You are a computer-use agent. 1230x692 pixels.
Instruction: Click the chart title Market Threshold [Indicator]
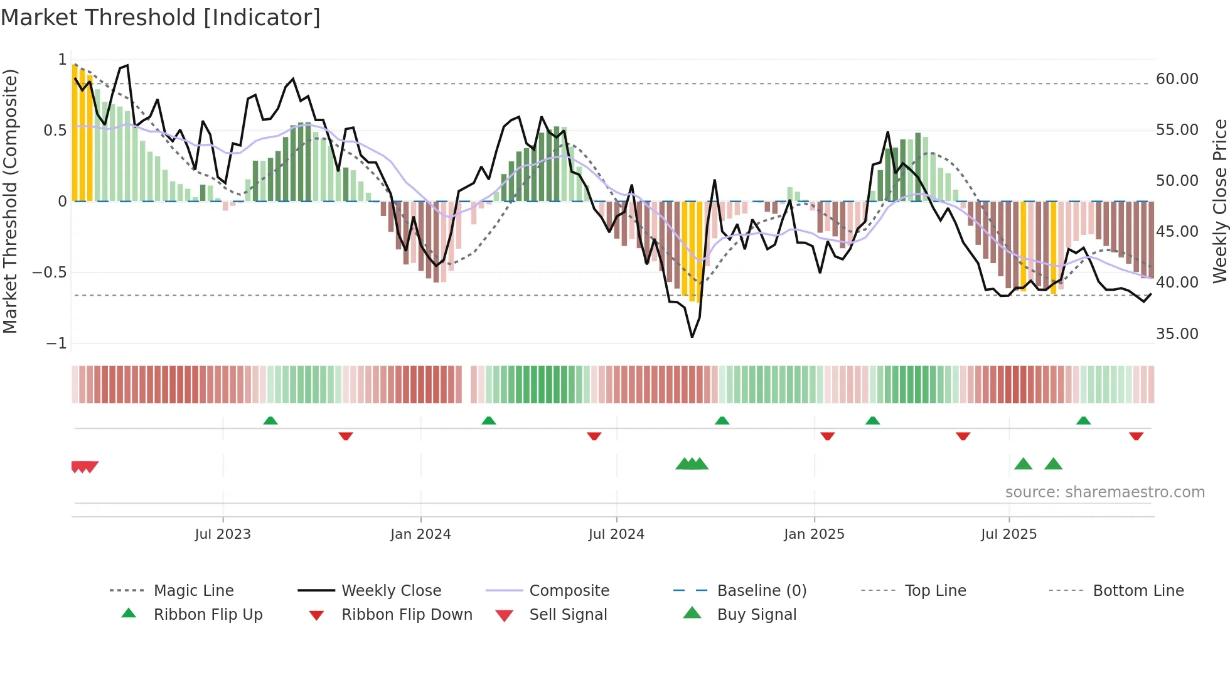click(161, 18)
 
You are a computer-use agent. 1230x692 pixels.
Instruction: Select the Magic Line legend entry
click(193, 591)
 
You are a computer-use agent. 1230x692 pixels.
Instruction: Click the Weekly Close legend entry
click(391, 591)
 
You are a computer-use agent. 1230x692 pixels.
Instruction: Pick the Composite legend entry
click(569, 591)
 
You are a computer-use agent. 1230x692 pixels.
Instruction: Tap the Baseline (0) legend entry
click(761, 591)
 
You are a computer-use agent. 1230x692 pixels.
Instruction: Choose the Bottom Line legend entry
click(1138, 591)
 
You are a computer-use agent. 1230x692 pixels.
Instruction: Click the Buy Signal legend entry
click(756, 615)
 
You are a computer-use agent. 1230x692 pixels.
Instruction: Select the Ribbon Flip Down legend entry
click(406, 615)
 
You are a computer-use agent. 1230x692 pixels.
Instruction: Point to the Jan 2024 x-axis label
click(420, 534)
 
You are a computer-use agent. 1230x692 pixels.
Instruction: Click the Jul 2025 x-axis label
click(1008, 534)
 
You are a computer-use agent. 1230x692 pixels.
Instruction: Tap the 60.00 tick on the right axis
click(1177, 79)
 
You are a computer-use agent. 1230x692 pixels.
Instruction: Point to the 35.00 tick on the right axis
click(1177, 334)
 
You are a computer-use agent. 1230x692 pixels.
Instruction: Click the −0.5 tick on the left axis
click(50, 273)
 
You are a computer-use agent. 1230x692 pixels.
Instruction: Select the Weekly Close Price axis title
click(1219, 201)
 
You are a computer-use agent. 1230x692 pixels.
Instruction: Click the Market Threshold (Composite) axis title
click(10, 201)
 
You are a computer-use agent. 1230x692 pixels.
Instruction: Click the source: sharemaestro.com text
click(1104, 492)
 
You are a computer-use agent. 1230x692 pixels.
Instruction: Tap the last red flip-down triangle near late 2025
click(1136, 436)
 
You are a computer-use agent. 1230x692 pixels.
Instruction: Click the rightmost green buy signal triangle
click(1053, 464)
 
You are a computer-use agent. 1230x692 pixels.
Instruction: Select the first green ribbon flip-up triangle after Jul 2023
click(270, 420)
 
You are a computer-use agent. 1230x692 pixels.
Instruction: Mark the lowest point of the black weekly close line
click(692, 337)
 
